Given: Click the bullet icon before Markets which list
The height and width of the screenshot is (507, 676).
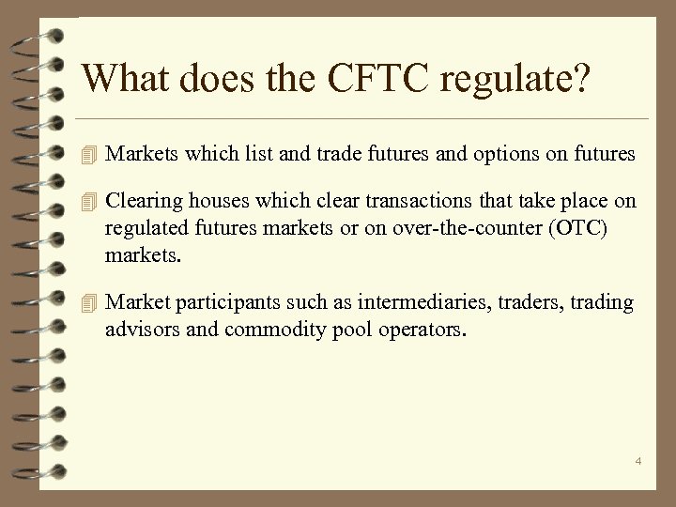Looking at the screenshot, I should [x=90, y=154].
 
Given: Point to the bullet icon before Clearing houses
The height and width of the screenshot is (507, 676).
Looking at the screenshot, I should [x=90, y=202].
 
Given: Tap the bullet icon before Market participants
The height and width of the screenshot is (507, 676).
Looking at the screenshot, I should [x=90, y=303].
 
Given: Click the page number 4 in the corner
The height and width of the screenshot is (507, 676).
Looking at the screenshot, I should [x=638, y=461].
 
